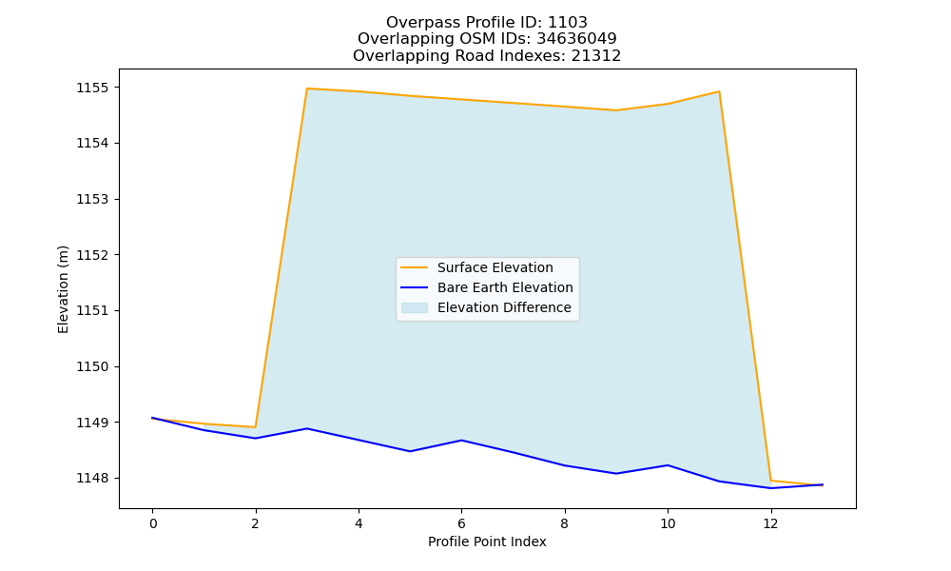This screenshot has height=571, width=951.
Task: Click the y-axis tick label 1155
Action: coord(93,88)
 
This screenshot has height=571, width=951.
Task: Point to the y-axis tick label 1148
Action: coord(93,478)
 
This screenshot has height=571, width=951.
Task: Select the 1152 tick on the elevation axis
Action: coord(93,255)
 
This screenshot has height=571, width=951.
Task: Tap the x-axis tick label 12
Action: coord(770,523)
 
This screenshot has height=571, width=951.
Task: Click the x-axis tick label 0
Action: coord(153,523)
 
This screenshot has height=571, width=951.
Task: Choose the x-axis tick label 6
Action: coord(461,523)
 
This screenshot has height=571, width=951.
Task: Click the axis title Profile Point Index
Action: coord(487,541)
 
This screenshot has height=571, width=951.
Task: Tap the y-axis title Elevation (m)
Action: coord(63,289)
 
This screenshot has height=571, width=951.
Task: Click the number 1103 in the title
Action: coord(568,23)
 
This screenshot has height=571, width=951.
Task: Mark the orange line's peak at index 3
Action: coord(307,89)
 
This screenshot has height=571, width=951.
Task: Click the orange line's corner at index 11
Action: coord(719,91)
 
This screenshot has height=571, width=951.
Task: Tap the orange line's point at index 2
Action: coord(255,427)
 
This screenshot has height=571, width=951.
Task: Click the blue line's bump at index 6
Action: coord(461,440)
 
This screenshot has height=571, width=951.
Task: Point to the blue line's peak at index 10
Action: coord(668,465)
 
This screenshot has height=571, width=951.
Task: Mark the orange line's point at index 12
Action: coord(770,481)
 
